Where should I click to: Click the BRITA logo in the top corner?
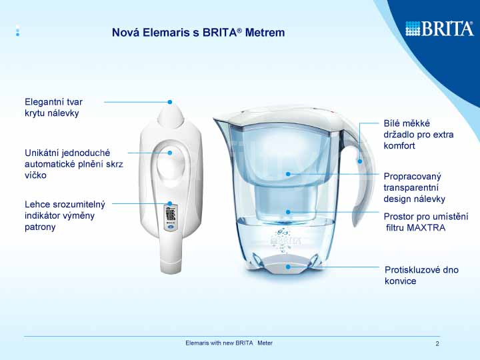pyautogui.click(x=439, y=29)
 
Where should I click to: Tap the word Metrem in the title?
pyautogui.click(x=265, y=33)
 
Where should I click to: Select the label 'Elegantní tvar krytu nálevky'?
pyautogui.click(x=53, y=107)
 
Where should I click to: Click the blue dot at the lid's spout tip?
pyautogui.click(x=170, y=102)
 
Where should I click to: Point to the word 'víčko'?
pyautogui.click(x=35, y=175)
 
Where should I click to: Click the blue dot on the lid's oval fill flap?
pyautogui.click(x=170, y=153)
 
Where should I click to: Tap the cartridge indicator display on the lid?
pyautogui.click(x=171, y=217)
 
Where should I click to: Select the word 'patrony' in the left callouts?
pyautogui.click(x=40, y=227)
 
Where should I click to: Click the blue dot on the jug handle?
pyautogui.click(x=360, y=161)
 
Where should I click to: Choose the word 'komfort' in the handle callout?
pyautogui.click(x=399, y=146)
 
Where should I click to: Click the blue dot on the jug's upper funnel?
pyautogui.click(x=288, y=174)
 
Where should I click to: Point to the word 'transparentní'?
pyautogui.click(x=411, y=187)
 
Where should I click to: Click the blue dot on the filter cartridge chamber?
pyautogui.click(x=288, y=212)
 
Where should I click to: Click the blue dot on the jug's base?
pyautogui.click(x=288, y=267)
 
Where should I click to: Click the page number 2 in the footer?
pyautogui.click(x=437, y=344)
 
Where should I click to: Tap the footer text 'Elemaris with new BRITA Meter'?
pyautogui.click(x=229, y=343)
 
